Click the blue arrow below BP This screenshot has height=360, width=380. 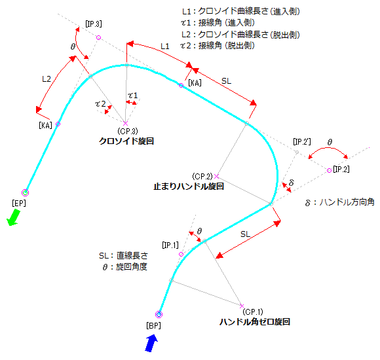pos(151,343)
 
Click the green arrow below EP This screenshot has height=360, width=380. pos(13,217)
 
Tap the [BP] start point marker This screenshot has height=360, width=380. pos(159,314)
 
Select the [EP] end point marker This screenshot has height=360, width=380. pos(25,192)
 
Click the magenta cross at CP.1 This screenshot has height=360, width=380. pos(242,306)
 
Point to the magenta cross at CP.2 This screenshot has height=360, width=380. pos(216,176)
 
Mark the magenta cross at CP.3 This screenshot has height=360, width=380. pos(125,124)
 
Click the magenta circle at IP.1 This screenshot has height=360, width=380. pos(181,254)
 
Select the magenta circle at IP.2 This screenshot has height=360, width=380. pos(329,170)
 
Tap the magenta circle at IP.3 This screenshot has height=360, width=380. pos(98,37)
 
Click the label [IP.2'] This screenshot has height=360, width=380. pos(302,141)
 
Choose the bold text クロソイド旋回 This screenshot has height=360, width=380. pos(126,141)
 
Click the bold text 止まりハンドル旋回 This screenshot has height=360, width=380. pos(189,187)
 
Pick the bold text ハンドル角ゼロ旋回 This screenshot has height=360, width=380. pos(254,322)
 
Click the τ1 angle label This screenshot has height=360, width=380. pos(133,96)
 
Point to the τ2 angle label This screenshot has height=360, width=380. pos(100,104)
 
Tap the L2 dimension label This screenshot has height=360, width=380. pos(47,79)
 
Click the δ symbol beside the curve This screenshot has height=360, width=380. pos(292,183)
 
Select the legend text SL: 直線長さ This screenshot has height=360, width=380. pos(123,256)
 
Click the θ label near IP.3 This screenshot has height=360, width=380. pos(73,46)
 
